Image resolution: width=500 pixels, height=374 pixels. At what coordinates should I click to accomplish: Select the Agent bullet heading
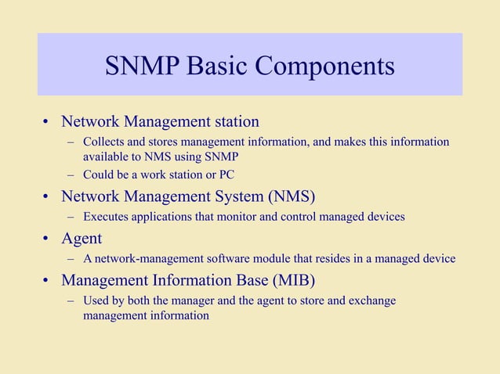[x=82, y=238]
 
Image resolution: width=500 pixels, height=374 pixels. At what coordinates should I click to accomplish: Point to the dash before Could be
[x=71, y=174]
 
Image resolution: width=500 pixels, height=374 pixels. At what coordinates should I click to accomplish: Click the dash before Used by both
[x=71, y=300]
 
